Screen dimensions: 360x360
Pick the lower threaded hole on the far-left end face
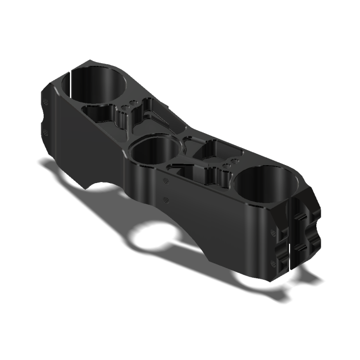[46, 132]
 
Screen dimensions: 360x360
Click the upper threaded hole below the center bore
[165, 180]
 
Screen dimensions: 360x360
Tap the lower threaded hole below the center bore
[165, 199]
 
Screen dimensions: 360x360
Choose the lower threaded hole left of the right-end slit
[273, 264]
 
